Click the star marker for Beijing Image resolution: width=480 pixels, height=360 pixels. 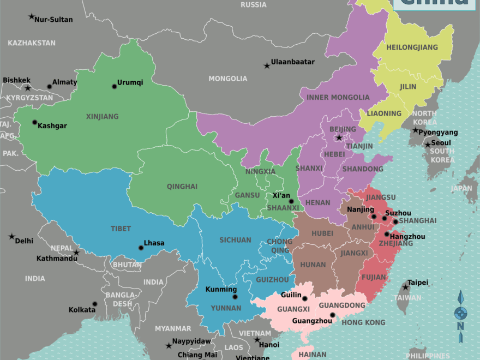click(339, 137)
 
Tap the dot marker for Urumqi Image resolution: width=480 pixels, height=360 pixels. click(114, 86)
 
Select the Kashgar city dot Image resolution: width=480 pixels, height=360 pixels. click(34, 122)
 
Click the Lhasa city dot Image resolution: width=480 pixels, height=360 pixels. click(141, 248)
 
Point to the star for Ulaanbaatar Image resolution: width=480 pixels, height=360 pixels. click(267, 65)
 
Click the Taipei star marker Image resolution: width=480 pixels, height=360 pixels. click(405, 287)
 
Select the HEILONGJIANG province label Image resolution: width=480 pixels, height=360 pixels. click(412, 47)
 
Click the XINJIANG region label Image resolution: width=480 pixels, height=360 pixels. click(102, 116)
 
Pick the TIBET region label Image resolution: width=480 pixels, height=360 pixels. click(121, 229)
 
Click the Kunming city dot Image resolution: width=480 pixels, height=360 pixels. click(235, 297)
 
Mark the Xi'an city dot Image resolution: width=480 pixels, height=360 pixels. click(291, 201)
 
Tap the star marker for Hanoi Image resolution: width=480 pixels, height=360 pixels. click(257, 340)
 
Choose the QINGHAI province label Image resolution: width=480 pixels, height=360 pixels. click(182, 186)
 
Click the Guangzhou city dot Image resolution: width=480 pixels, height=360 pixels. click(333, 315)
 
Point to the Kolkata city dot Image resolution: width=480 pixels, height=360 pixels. click(94, 304)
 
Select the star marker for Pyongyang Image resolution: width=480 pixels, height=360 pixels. click(416, 130)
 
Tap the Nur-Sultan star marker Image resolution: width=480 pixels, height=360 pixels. click(31, 17)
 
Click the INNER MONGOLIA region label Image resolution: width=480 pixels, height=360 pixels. click(338, 98)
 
